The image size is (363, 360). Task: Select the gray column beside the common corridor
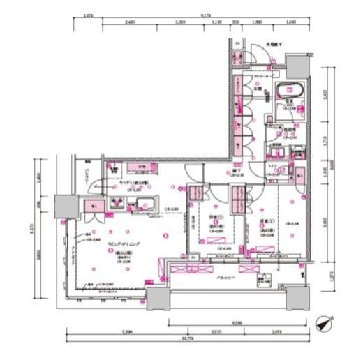click(295, 63)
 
